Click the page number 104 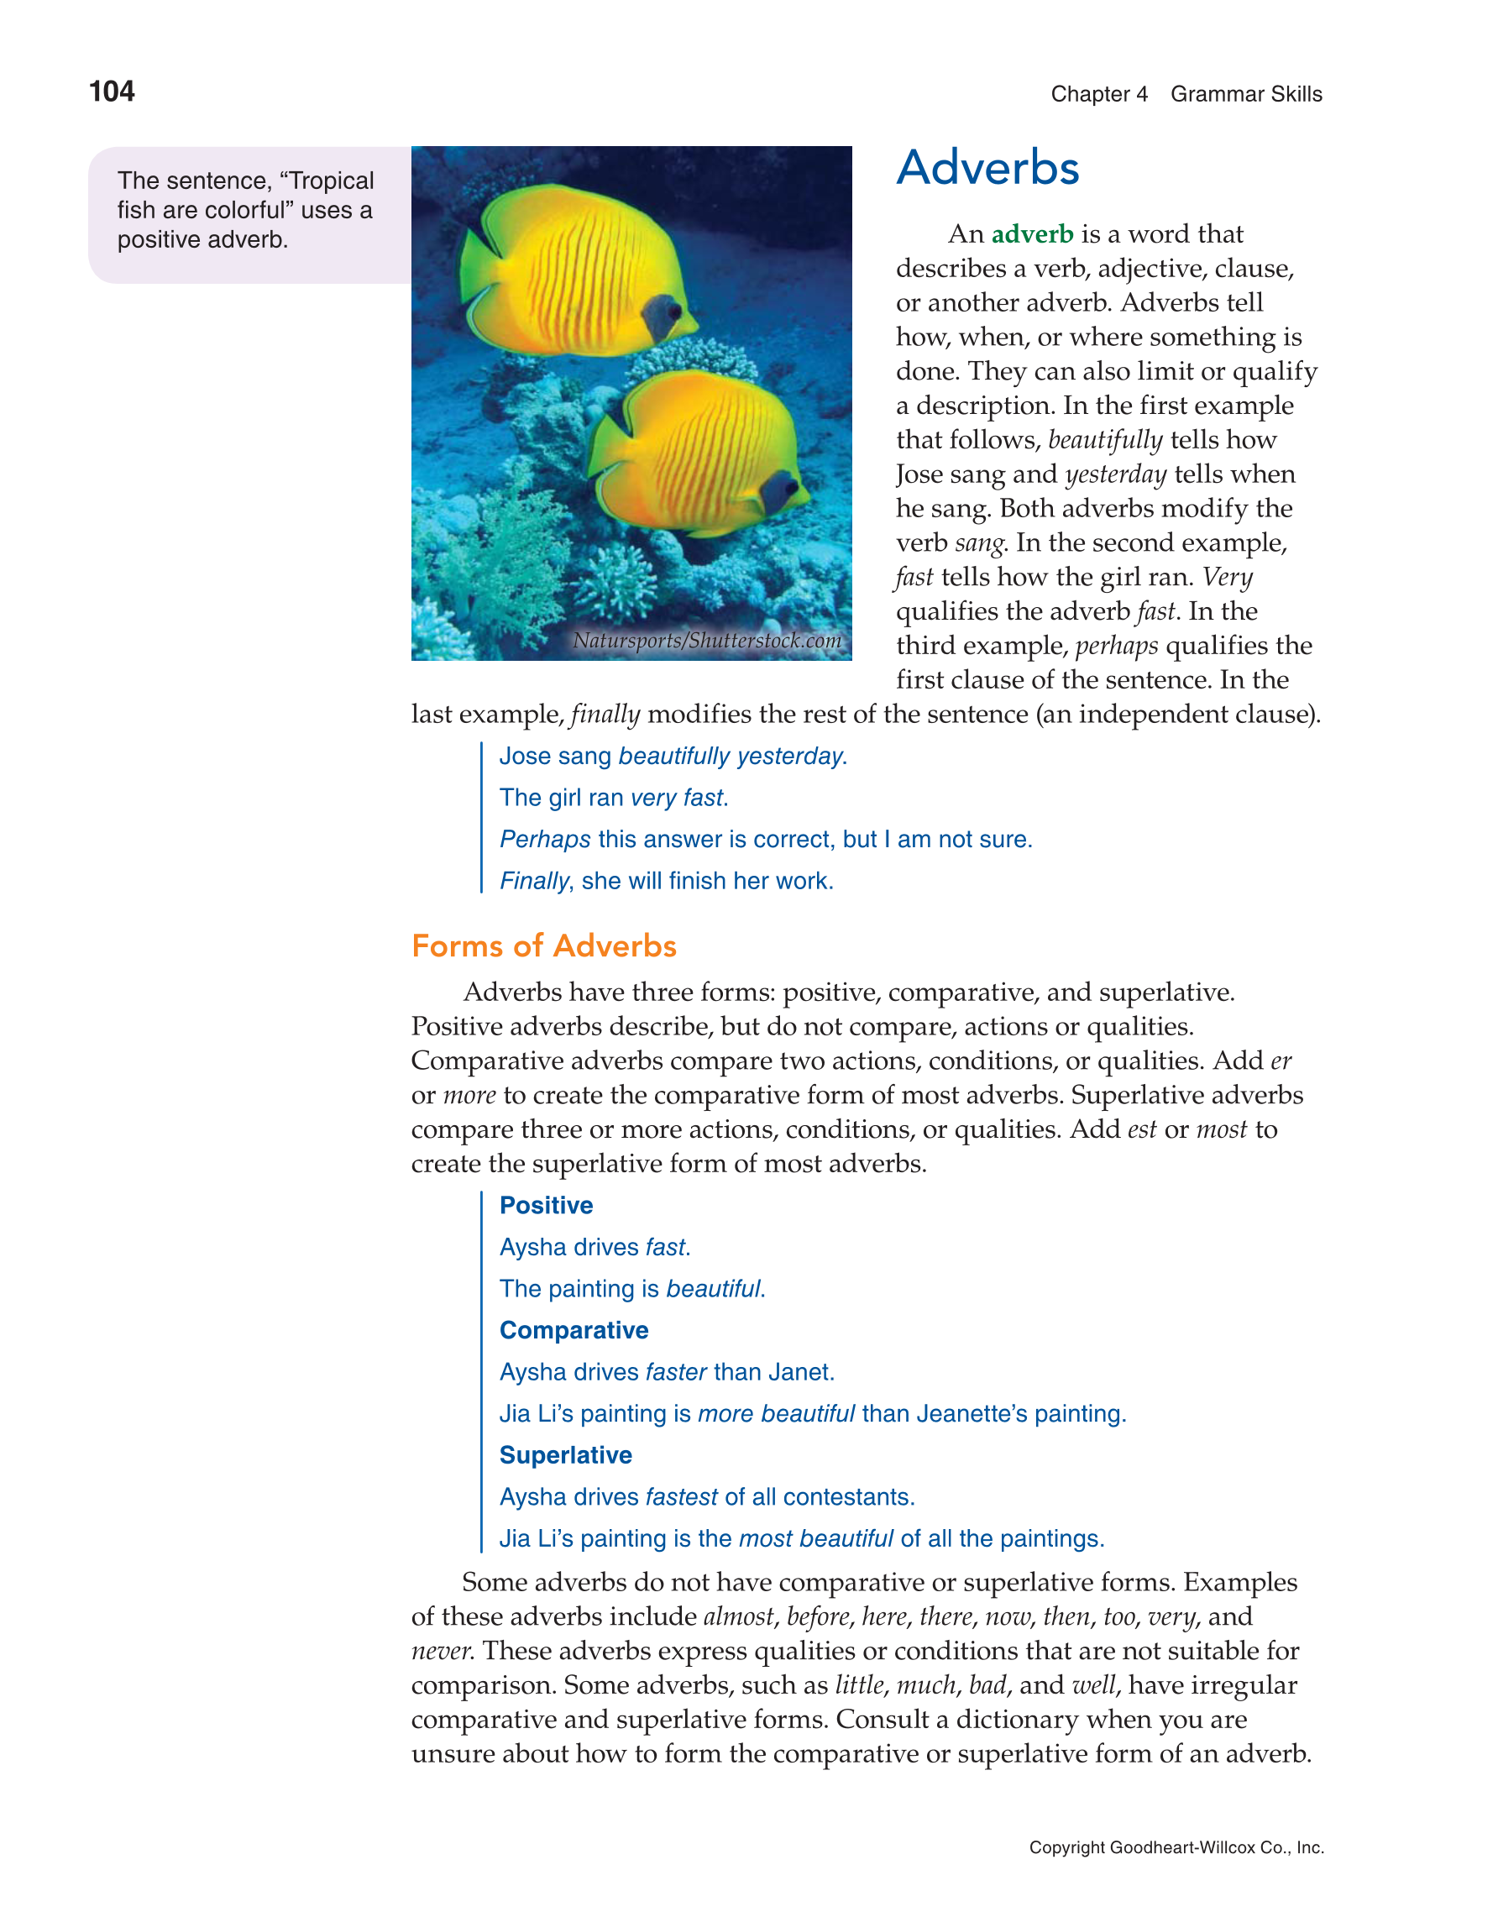[112, 92]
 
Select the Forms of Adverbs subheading [543, 946]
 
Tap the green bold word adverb [1032, 234]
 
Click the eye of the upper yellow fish [673, 311]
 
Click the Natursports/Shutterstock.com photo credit [706, 641]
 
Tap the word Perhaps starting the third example [545, 840]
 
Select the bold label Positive [546, 1206]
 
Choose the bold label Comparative [574, 1331]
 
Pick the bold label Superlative [565, 1455]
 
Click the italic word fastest [681, 1497]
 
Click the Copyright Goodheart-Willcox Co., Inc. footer [1176, 1847]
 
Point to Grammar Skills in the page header [1245, 95]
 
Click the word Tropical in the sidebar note [332, 181]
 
